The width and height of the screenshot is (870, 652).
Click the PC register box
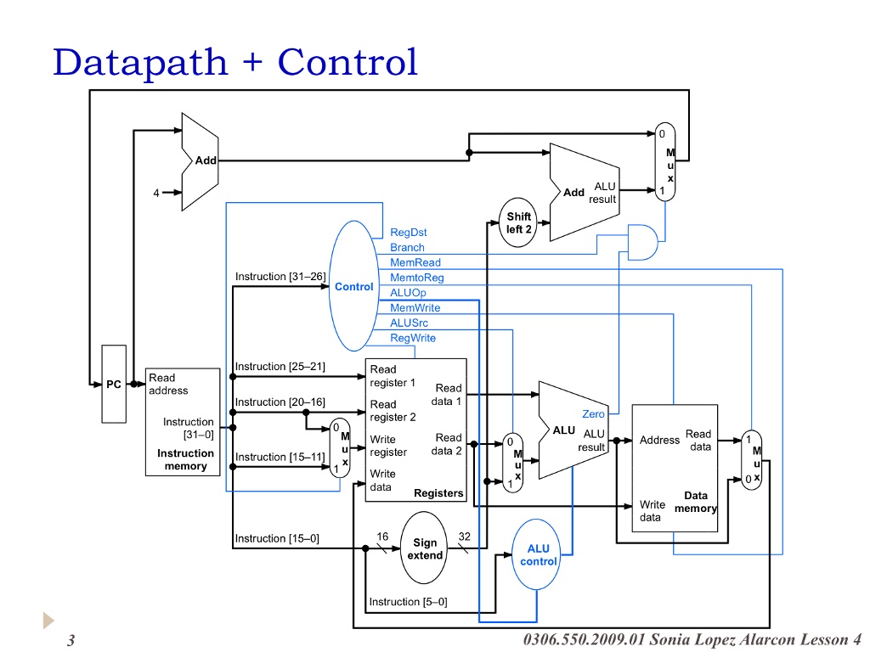[114, 384]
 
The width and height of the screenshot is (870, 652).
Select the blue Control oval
[353, 286]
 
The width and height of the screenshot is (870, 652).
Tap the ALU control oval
[538, 555]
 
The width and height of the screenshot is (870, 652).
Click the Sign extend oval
[425, 548]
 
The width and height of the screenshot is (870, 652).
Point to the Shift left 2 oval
[519, 223]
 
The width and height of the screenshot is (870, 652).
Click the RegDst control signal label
[409, 233]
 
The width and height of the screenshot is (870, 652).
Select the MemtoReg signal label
[417, 278]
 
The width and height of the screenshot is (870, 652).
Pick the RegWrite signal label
[413, 338]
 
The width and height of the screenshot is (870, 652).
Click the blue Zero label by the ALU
[593, 414]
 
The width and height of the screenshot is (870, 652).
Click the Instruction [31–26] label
[280, 277]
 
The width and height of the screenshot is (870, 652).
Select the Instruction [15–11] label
[280, 457]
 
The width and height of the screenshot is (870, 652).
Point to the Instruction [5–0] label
[408, 602]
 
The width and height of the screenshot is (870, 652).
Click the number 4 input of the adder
[156, 193]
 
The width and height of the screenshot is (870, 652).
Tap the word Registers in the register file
[438, 493]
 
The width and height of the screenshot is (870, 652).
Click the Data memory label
[696, 502]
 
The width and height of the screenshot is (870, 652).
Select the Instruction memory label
[185, 459]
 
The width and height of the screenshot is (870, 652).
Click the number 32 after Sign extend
[465, 536]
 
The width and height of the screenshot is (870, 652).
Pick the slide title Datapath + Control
[235, 62]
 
